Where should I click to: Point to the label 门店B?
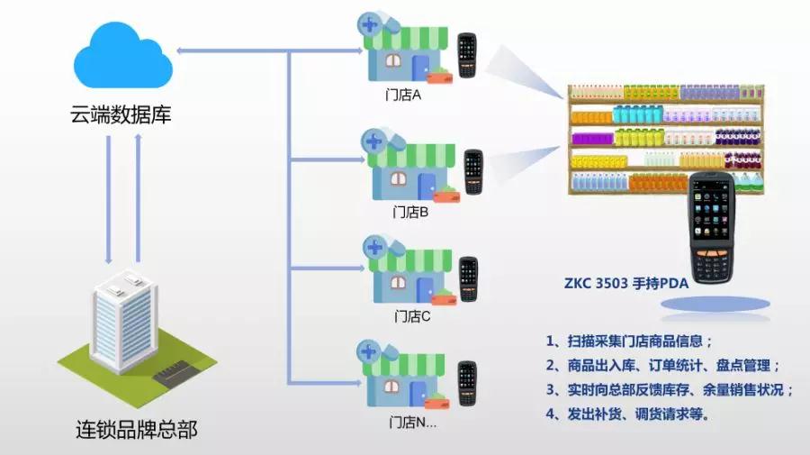(x=411, y=214)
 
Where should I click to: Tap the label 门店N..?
(x=413, y=421)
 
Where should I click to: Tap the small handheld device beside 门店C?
(x=468, y=279)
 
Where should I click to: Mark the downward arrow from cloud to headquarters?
(x=108, y=198)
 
